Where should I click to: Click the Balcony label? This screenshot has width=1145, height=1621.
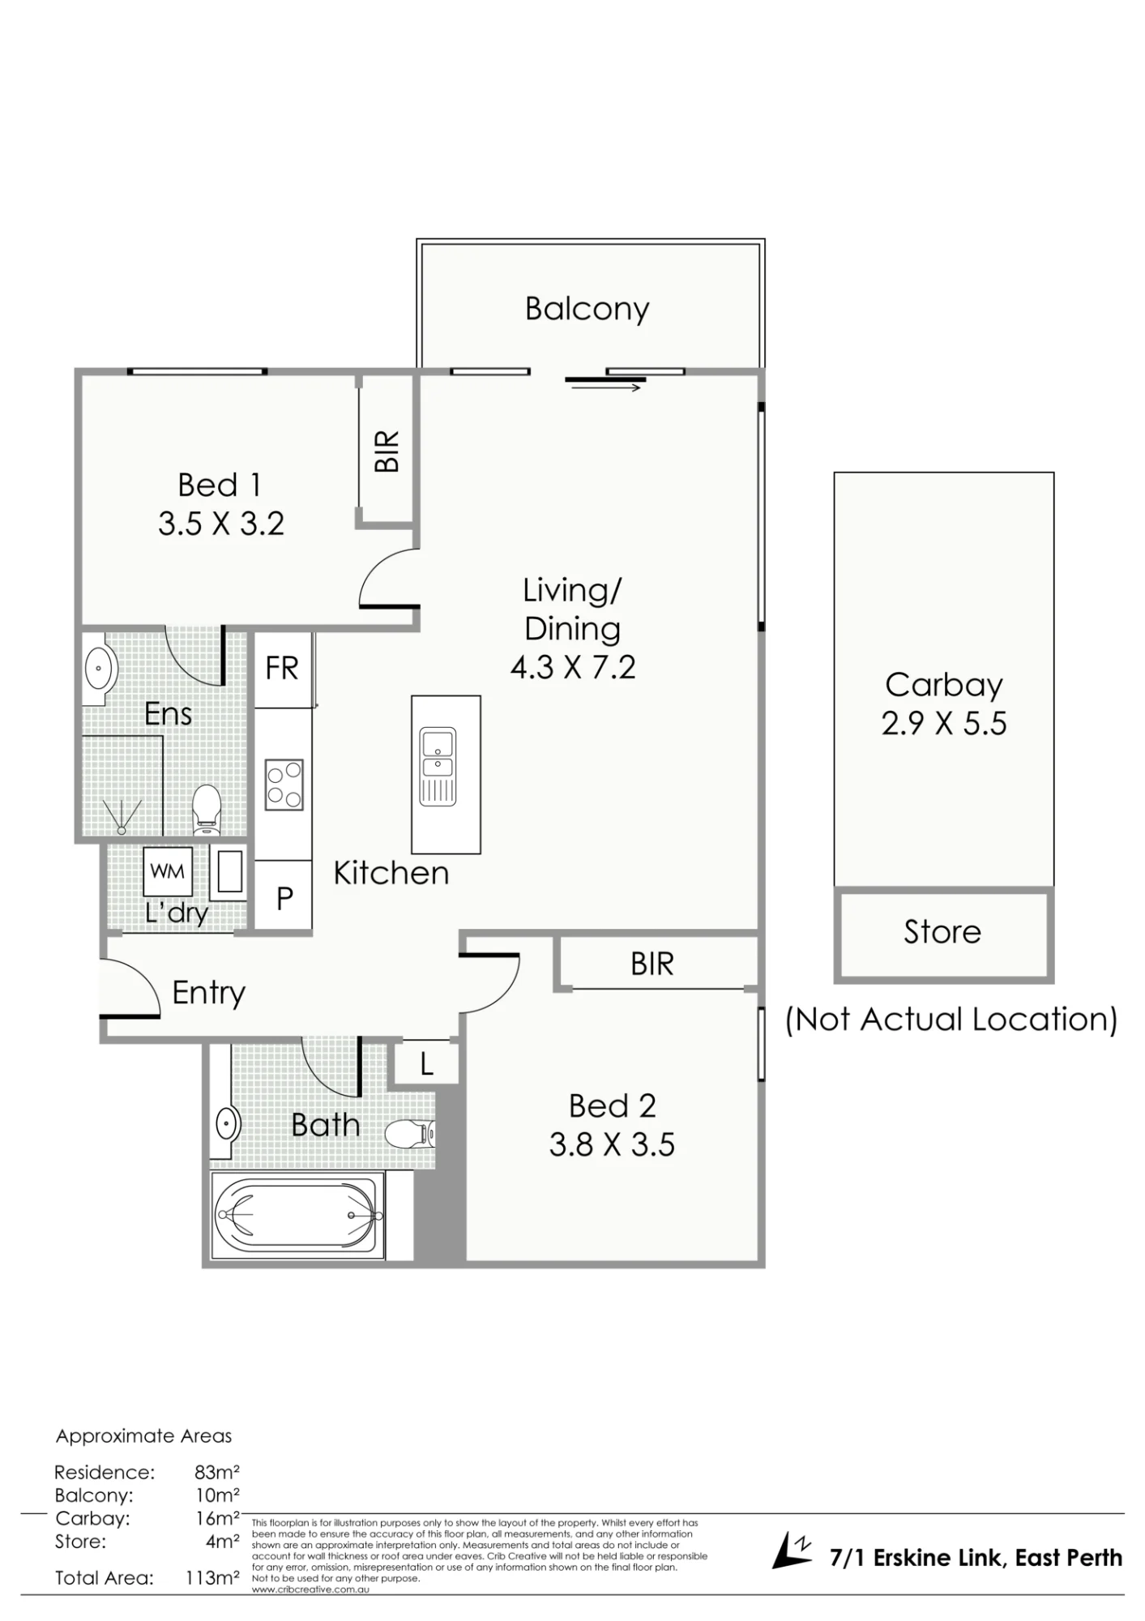(x=587, y=309)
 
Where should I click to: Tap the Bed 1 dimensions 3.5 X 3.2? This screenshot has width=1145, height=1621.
(x=221, y=524)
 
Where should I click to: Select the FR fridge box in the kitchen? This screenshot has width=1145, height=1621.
(x=283, y=669)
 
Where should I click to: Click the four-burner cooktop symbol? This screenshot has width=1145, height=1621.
(x=284, y=785)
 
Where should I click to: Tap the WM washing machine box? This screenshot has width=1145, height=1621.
(x=169, y=872)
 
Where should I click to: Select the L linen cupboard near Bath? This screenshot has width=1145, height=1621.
(x=426, y=1064)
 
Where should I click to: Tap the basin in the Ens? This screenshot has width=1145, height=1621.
(x=100, y=669)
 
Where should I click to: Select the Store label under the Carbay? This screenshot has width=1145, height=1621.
(x=942, y=932)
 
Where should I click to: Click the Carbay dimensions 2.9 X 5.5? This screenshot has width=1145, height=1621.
(x=944, y=724)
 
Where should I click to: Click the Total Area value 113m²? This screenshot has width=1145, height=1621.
(x=212, y=1578)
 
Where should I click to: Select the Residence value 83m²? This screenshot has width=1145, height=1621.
(x=216, y=1472)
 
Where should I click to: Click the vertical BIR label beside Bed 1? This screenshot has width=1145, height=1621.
(x=387, y=451)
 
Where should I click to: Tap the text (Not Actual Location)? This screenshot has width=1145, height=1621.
(x=951, y=1020)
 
